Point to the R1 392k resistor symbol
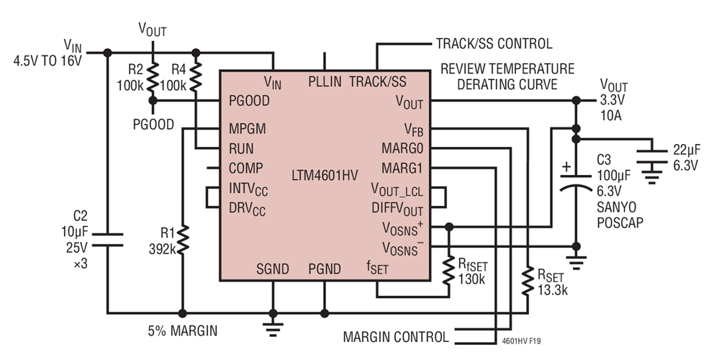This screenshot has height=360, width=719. click(x=184, y=238)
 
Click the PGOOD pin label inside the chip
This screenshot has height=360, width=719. click(x=250, y=101)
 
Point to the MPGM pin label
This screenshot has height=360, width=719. click(x=248, y=129)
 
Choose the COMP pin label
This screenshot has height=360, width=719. click(x=245, y=168)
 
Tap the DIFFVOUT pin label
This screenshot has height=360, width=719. click(x=397, y=209)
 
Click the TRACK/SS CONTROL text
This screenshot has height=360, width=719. click(x=494, y=44)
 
